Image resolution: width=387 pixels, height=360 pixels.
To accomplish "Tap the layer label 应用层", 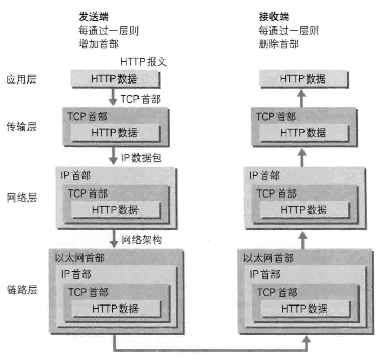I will pyautogui.click(x=21, y=80).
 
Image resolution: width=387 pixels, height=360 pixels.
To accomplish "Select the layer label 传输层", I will pyautogui.click(x=21, y=126).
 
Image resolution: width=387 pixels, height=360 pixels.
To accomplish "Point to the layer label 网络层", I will pyautogui.click(x=21, y=196).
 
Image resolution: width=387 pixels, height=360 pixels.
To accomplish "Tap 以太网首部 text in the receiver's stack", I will pyautogui.click(x=268, y=258).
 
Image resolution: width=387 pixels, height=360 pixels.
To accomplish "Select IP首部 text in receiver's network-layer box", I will pyautogui.click(x=264, y=176).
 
